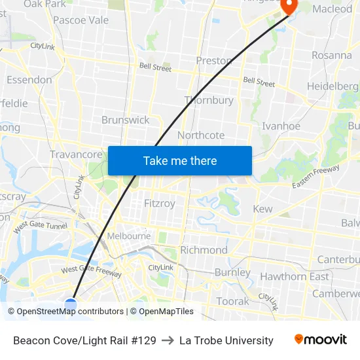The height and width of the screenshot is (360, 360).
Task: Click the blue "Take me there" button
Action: click(180, 160)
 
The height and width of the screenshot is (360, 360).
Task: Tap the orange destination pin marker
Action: click(289, 6)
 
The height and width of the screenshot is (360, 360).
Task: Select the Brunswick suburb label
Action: click(125, 120)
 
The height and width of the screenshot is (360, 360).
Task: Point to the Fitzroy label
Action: click(160, 204)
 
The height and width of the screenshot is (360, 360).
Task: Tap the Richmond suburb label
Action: click(204, 250)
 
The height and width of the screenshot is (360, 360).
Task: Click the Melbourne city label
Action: click(130, 236)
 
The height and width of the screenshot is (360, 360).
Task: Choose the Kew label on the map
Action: click(262, 209)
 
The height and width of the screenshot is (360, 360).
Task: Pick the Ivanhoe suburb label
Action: click(281, 126)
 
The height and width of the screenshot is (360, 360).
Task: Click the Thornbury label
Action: click(209, 100)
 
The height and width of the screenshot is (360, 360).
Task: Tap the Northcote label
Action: click(201, 135)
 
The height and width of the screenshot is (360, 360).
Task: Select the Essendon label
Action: click(29, 80)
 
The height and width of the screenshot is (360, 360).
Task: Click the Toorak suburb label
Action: click(233, 301)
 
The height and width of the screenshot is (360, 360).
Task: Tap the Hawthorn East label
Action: click(295, 276)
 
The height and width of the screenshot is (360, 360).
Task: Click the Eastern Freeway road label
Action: click(316, 177)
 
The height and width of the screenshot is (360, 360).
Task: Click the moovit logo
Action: click(321, 340)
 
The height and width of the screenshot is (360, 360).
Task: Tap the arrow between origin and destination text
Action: click(168, 340)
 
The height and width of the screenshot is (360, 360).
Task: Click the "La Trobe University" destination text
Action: click(226, 340)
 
